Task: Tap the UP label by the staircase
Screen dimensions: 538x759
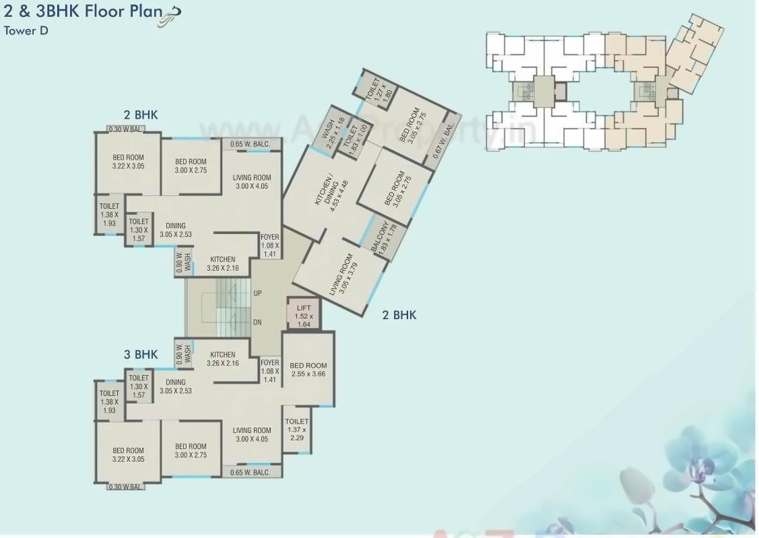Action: (257, 294)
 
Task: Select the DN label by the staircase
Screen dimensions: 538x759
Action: (257, 323)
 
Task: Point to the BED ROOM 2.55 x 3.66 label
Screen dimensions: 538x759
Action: (308, 370)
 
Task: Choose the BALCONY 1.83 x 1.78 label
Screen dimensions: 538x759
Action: (381, 238)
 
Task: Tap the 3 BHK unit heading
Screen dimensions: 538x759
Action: (140, 355)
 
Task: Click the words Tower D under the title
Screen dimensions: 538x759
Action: (26, 30)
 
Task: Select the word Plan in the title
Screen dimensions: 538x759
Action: (142, 11)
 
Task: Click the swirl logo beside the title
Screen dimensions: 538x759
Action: (169, 18)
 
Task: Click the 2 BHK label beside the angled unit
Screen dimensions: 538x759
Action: (399, 314)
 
